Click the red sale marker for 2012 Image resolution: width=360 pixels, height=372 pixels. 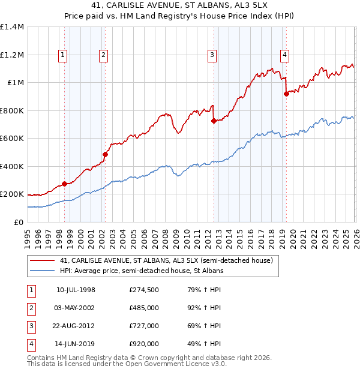(214, 121)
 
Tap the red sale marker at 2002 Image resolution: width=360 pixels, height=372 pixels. (105, 154)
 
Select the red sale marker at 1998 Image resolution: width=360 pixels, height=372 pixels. (64, 184)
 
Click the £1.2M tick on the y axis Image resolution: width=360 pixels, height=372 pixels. (12, 55)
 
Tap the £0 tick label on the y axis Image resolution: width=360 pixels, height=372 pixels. (18, 222)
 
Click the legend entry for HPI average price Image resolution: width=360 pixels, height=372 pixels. (141, 271)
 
